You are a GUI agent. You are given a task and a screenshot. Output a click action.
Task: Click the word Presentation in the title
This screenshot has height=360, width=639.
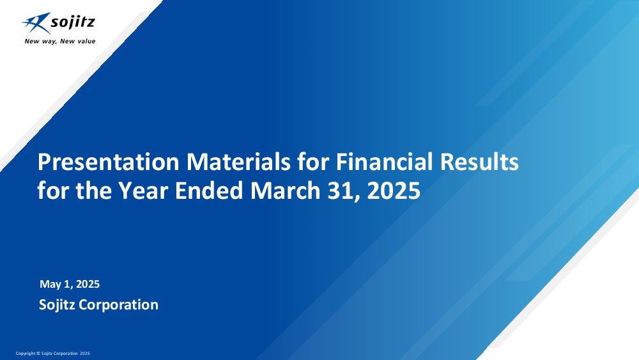click(108, 162)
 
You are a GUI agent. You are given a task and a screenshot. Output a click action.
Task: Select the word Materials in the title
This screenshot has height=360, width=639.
click(238, 162)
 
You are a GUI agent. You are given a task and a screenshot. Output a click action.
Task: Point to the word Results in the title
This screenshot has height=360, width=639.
click(479, 162)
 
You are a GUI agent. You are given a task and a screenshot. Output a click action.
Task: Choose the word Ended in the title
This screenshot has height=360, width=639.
click(209, 191)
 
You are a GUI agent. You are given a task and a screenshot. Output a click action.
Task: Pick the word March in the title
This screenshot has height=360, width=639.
click(285, 191)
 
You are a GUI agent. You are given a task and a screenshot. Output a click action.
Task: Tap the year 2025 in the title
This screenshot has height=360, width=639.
click(394, 191)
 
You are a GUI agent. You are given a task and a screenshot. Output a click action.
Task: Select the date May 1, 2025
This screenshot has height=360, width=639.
click(70, 284)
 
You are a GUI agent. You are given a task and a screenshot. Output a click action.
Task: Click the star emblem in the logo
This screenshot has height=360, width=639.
click(36, 22)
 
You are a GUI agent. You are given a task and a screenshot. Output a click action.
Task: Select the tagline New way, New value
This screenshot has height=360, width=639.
click(60, 41)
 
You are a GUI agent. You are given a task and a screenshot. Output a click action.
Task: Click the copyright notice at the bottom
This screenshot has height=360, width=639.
click(52, 354)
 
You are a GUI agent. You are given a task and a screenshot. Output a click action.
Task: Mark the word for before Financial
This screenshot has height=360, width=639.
click(313, 162)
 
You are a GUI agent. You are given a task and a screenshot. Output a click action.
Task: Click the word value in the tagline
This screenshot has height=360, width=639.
click(86, 41)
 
